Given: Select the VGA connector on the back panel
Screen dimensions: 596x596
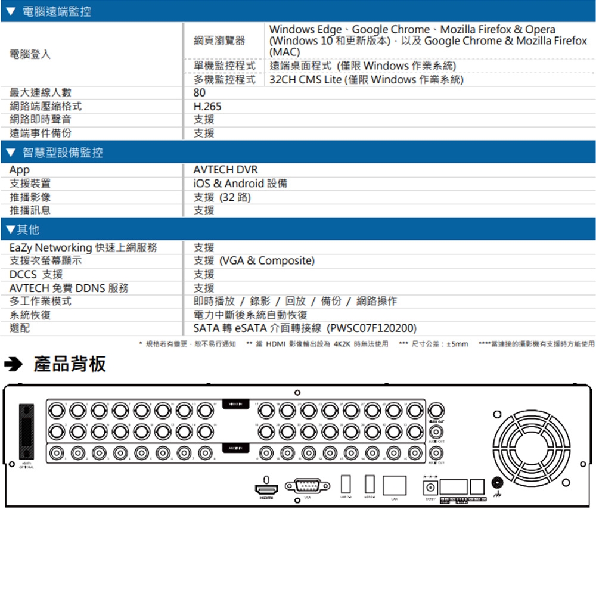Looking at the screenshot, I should [308, 486].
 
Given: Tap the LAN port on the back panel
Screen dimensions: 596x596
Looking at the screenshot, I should [394, 485].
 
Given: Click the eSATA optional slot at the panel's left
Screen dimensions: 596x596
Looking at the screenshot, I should [26, 426].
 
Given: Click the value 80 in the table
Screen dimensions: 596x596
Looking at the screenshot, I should [200, 93].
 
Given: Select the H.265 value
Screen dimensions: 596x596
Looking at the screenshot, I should [207, 107].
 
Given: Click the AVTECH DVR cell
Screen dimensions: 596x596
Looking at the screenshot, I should [226, 170].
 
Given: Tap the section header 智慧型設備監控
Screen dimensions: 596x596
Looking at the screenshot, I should [63, 153].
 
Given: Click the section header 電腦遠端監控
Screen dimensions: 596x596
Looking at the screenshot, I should [57, 11].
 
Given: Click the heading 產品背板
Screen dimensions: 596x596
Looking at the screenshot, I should [70, 364].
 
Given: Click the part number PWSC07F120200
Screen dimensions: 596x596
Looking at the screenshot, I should [372, 328].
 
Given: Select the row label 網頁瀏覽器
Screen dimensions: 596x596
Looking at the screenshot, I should [219, 41].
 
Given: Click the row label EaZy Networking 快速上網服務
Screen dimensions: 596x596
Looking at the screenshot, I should [83, 247].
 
